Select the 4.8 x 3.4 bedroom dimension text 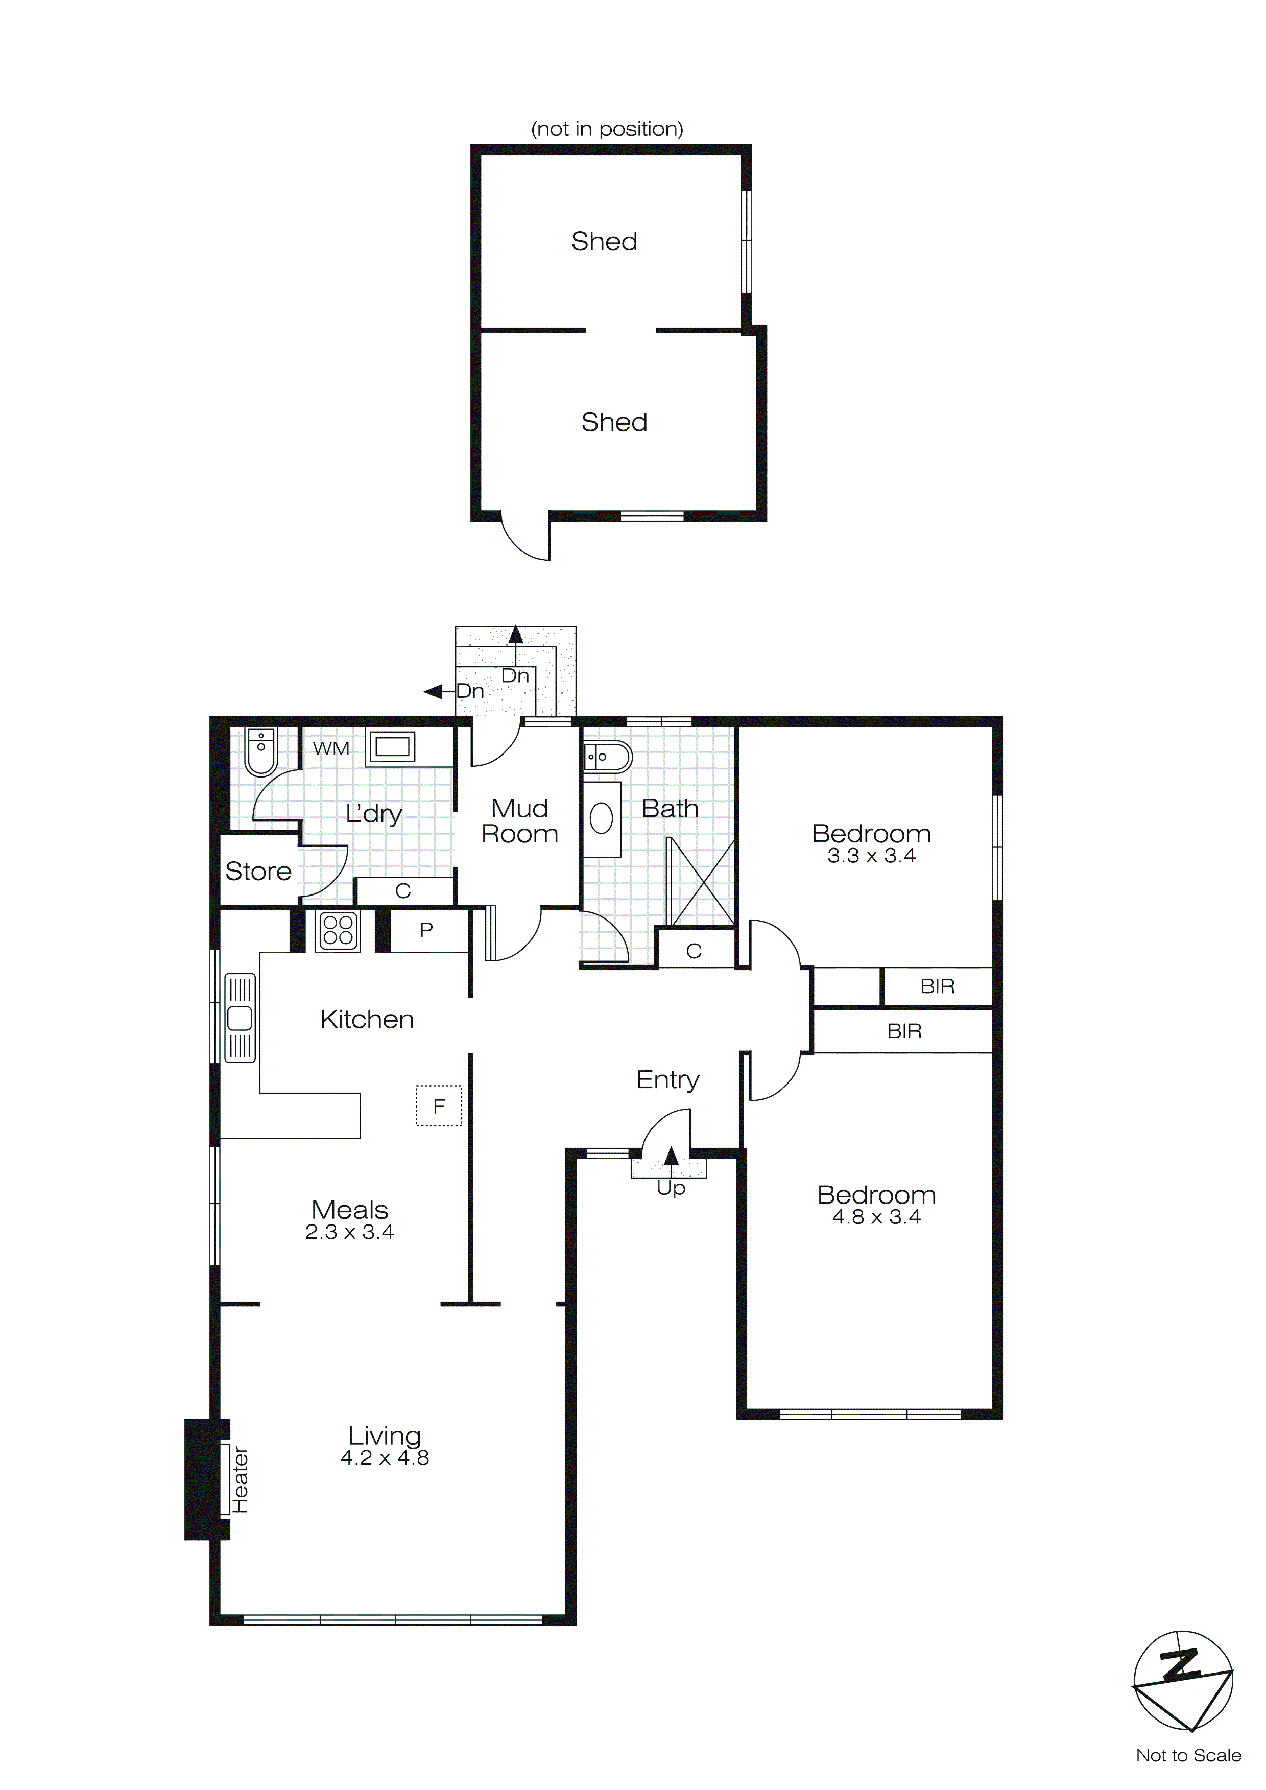click(876, 1218)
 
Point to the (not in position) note click(607, 129)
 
